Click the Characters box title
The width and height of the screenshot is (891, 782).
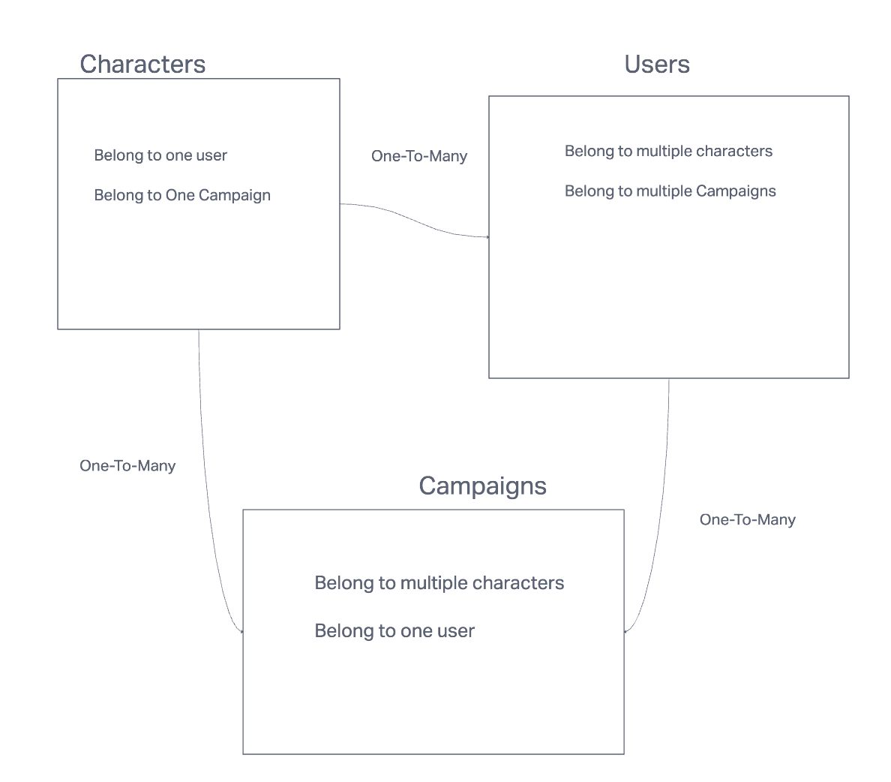[x=142, y=65]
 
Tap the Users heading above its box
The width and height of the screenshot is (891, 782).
[x=657, y=65]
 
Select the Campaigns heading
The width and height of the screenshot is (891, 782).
[x=482, y=486]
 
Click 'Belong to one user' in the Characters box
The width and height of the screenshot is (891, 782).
[x=160, y=155]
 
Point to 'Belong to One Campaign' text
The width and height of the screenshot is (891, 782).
[x=182, y=195]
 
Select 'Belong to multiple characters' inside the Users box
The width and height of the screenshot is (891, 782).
[x=668, y=151]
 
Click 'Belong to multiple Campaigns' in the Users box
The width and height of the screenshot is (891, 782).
[x=670, y=191]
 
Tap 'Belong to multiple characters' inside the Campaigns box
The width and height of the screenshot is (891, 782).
[x=439, y=583]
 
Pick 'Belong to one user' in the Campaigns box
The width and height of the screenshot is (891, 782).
[x=394, y=631]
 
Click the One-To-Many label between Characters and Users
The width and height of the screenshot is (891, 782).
[x=419, y=156]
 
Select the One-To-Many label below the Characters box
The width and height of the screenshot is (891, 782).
[x=127, y=466]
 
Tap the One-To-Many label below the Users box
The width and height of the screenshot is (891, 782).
[x=747, y=520]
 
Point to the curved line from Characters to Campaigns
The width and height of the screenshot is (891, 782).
[x=206, y=480]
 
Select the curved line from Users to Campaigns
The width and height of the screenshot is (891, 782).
[x=662, y=510]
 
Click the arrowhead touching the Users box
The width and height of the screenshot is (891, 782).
[x=487, y=237]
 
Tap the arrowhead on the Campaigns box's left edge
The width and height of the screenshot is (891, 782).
[x=241, y=631]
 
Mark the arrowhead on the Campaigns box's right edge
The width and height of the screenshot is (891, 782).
[x=626, y=631]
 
